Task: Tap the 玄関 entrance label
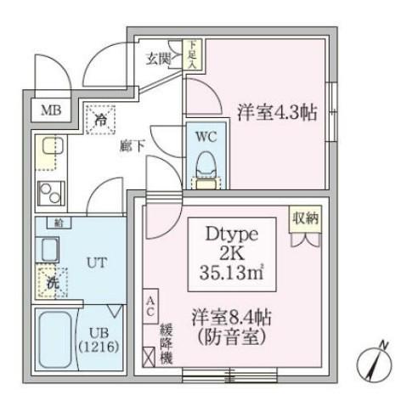click(158, 59)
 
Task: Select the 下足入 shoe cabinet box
click(195, 55)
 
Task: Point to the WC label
click(206, 136)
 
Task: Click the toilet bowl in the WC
click(206, 163)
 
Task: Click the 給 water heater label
click(59, 223)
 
